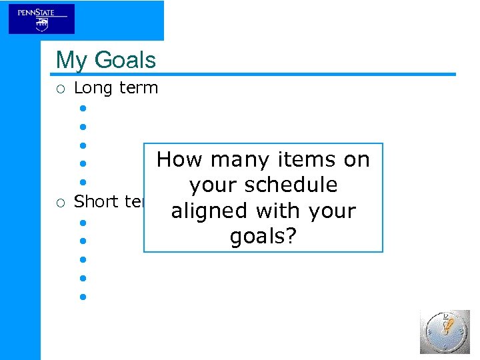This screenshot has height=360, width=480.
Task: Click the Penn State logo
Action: [x=41, y=19]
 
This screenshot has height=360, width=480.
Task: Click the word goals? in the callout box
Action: [x=262, y=236]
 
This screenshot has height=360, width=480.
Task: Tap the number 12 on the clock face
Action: [x=445, y=317]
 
